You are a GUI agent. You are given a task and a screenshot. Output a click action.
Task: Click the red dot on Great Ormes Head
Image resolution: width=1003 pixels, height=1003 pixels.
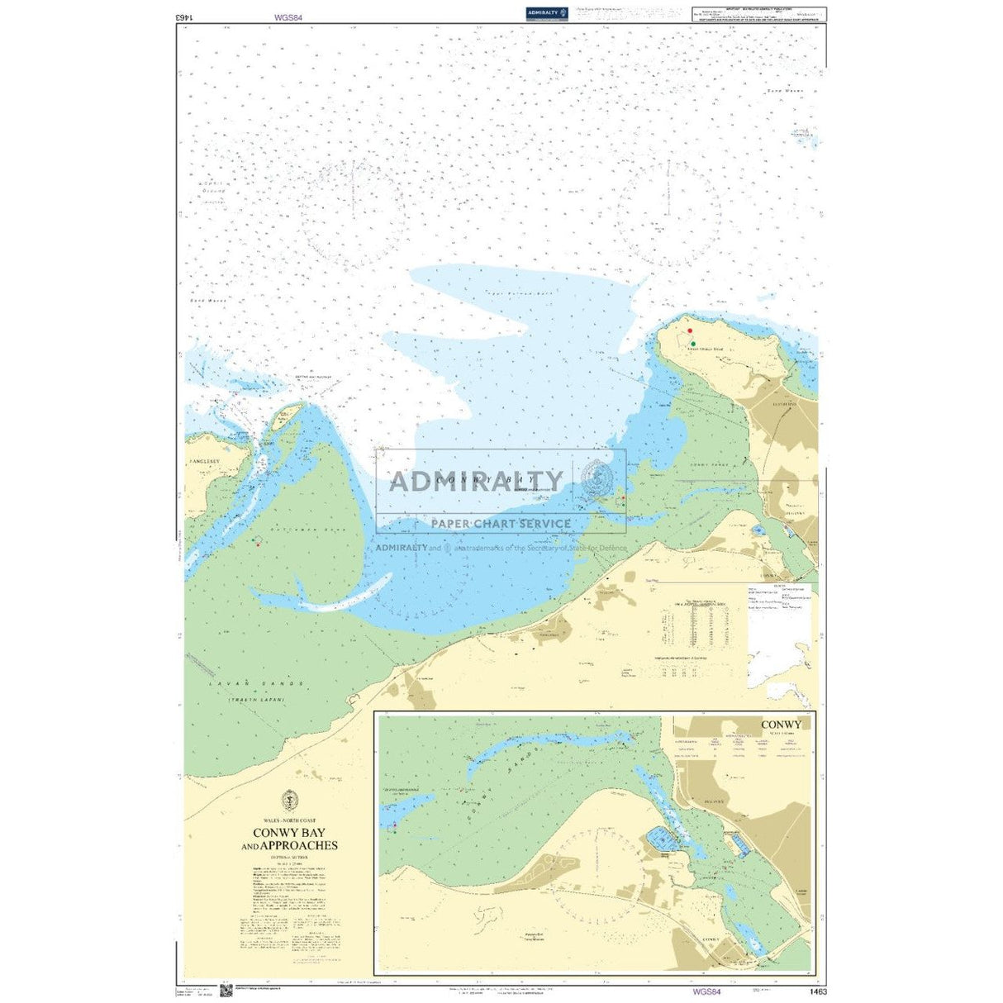[690, 330]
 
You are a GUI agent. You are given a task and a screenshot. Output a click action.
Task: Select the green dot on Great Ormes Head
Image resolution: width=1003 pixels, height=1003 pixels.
[693, 343]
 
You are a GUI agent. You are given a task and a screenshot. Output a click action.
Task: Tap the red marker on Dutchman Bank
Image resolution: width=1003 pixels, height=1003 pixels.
[259, 544]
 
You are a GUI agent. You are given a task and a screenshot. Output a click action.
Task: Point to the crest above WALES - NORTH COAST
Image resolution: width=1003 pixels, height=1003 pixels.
[288, 801]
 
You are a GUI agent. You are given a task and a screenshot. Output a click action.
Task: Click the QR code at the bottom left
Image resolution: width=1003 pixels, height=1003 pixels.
[226, 989]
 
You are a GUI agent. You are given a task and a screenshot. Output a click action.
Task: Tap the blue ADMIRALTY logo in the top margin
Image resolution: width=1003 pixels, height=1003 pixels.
[546, 12]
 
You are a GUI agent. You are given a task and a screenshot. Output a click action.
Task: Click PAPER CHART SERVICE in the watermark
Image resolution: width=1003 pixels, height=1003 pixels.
[501, 524]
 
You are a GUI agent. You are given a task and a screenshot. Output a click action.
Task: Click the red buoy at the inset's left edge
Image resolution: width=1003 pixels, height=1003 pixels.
[394, 825]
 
